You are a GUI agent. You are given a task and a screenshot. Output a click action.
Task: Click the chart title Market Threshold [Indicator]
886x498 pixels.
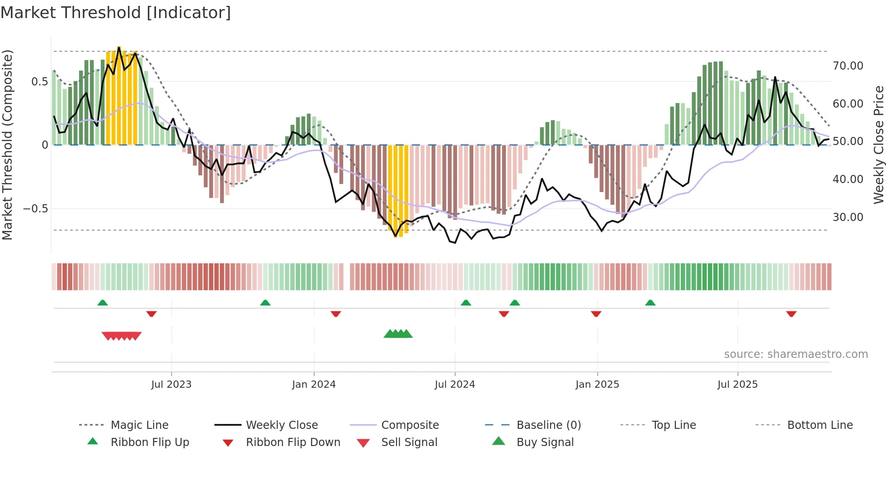[x=116, y=13]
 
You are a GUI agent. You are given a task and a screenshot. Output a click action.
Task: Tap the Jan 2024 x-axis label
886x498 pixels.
[x=314, y=385]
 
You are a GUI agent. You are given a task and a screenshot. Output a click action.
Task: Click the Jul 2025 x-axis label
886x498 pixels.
[x=737, y=385]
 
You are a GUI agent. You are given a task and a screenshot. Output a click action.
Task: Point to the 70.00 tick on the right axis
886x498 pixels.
[x=848, y=66]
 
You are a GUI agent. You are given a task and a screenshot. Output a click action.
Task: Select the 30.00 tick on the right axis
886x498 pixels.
[x=848, y=217]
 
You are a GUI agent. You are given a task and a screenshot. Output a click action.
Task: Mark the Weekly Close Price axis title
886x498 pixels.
[x=878, y=145]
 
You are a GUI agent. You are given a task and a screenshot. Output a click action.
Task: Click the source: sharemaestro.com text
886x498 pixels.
[x=796, y=354]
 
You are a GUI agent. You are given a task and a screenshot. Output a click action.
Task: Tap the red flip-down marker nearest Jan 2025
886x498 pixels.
[x=596, y=314]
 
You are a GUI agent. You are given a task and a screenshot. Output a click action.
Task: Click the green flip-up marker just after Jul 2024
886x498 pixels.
[x=466, y=303]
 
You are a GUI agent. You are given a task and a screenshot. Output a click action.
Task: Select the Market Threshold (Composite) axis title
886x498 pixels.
[x=7, y=145]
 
